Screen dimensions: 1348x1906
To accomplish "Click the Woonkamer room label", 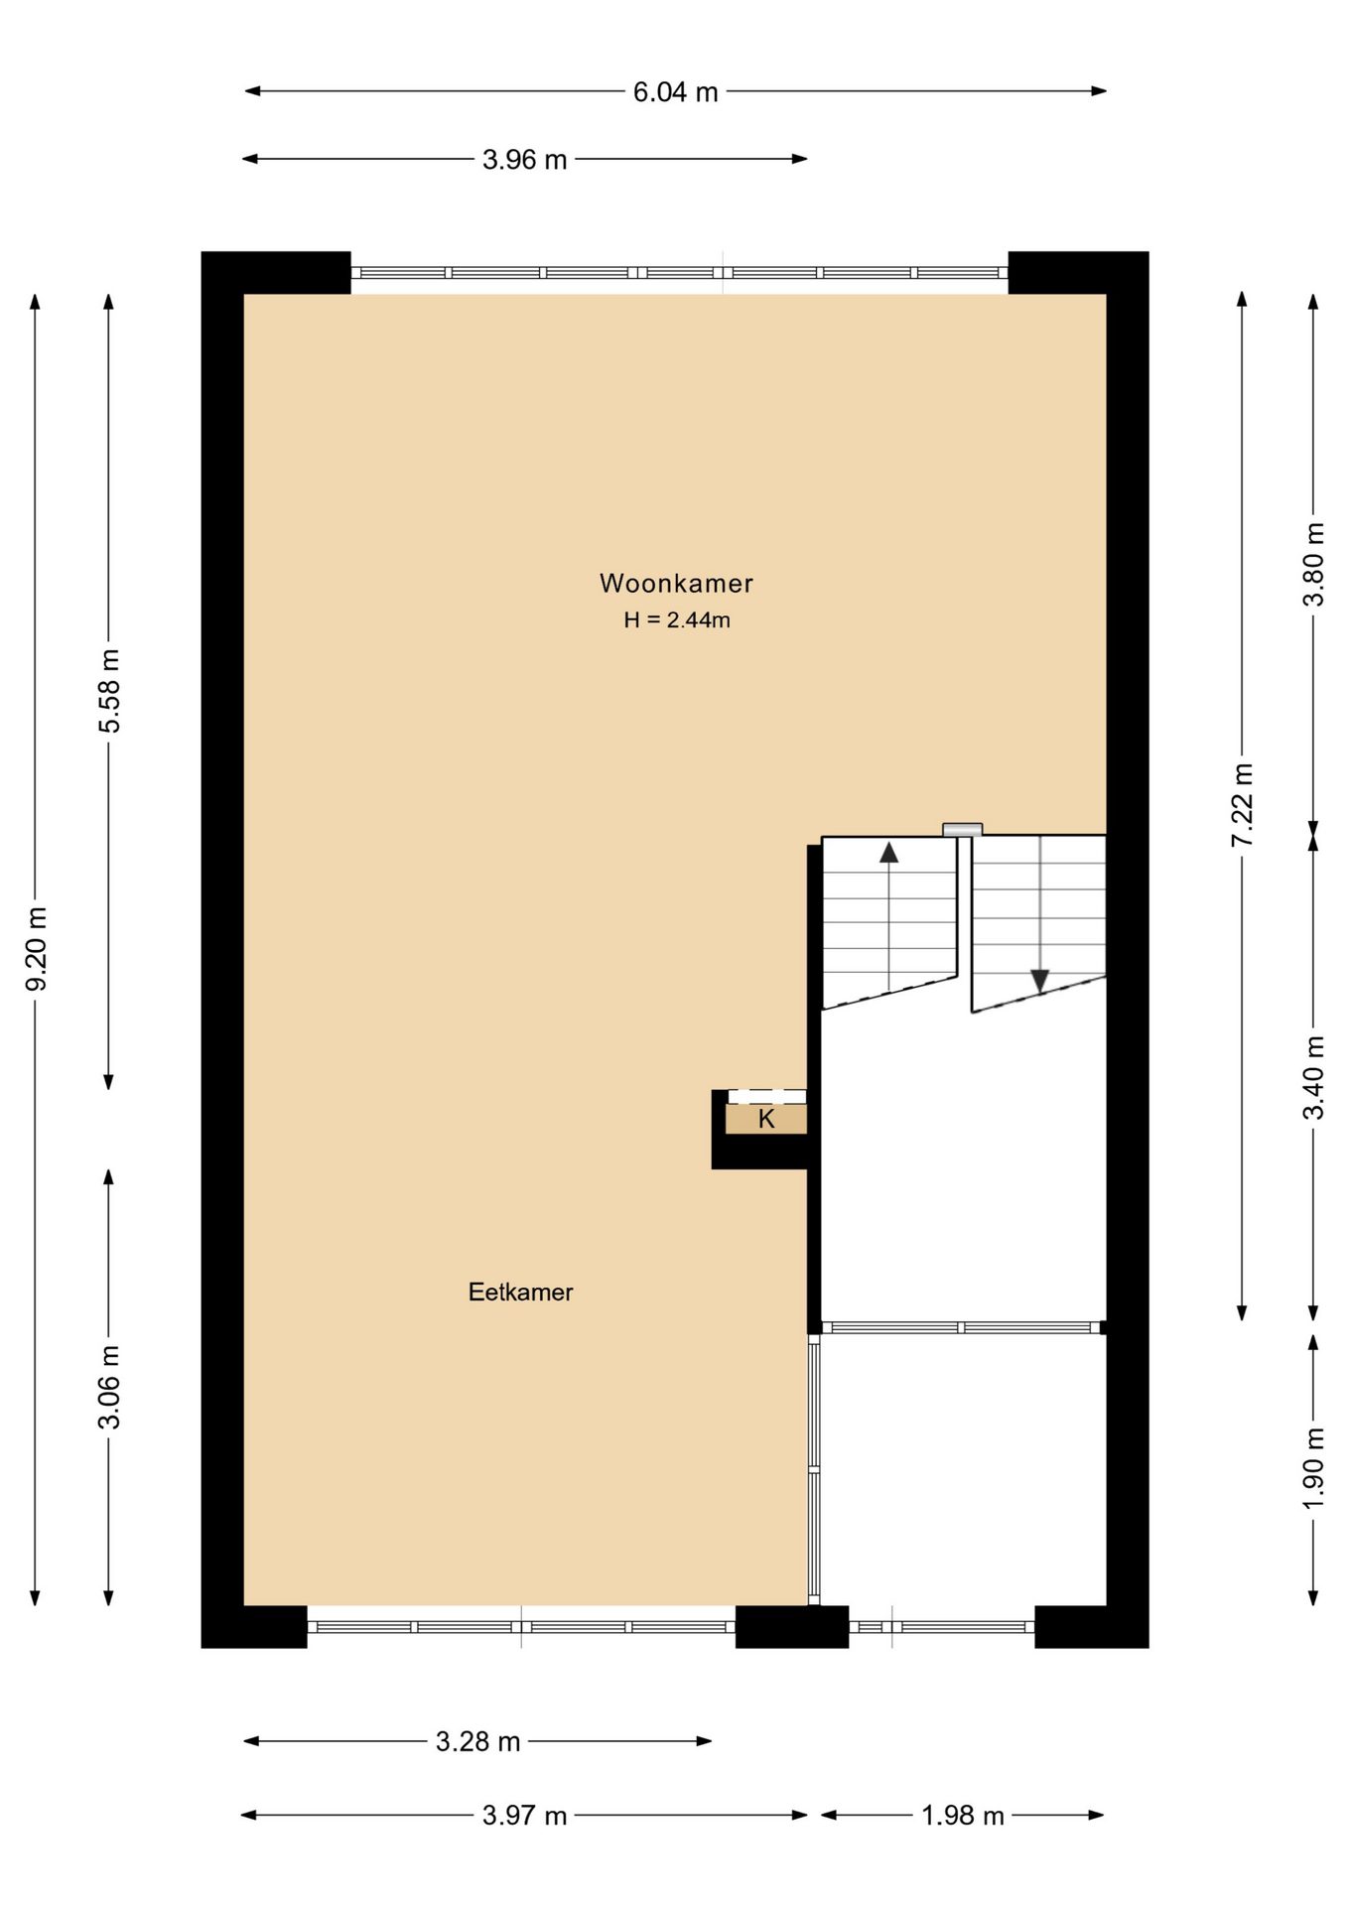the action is point(676,583).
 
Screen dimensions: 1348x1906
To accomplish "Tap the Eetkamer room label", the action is point(520,1292).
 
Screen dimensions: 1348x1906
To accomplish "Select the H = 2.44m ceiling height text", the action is point(677,620).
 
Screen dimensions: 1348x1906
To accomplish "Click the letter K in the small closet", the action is point(766,1119).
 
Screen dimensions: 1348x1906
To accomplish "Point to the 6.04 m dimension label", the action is point(675,92).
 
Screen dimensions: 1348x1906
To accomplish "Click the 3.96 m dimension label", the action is point(524,160).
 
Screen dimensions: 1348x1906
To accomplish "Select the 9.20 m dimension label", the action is point(37,948).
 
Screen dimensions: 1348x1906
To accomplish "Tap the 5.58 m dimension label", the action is point(110,691).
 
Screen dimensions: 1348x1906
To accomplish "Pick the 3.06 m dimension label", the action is point(110,1387).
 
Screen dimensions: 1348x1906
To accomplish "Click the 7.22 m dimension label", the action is point(1243,805).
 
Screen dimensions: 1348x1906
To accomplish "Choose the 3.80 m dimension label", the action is point(1314,564).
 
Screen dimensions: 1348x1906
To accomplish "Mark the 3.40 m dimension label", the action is point(1314,1077).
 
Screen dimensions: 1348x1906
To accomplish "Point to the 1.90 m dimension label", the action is point(1314,1468).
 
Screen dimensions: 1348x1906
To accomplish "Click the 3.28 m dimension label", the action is point(477,1742).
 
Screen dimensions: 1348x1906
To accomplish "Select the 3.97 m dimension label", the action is point(524,1816).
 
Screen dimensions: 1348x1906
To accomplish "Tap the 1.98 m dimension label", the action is point(963,1816).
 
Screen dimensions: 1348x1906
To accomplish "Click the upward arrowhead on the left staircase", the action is point(888,852).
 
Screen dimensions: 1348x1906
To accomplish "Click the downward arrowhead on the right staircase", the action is point(1039,981).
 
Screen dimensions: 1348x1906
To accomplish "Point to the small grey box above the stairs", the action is point(962,830).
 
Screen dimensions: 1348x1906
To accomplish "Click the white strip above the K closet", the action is point(766,1097).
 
